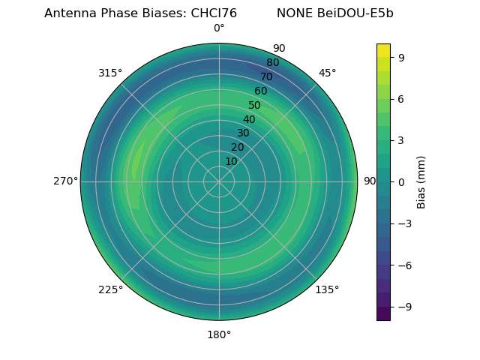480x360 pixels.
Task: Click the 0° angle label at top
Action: click(x=219, y=28)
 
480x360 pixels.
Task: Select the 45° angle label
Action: click(x=327, y=73)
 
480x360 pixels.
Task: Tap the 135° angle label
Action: click(x=327, y=289)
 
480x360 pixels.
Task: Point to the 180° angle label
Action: click(x=219, y=334)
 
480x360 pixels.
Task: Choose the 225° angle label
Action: click(x=110, y=289)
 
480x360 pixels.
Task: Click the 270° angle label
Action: click(x=65, y=181)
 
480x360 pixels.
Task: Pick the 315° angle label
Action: click(x=110, y=73)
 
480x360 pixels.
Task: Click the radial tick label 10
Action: click(x=231, y=161)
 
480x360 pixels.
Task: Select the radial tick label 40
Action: click(x=249, y=119)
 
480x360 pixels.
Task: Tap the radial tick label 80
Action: click(x=272, y=62)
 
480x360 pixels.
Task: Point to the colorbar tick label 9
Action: click(x=401, y=56)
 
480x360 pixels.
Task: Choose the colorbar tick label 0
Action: click(x=401, y=181)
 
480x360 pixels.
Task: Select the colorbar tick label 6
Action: click(x=401, y=98)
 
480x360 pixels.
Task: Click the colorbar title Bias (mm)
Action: click(x=421, y=181)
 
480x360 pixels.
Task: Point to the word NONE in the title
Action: click(x=295, y=13)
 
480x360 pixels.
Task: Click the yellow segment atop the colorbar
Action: click(x=383, y=50)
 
